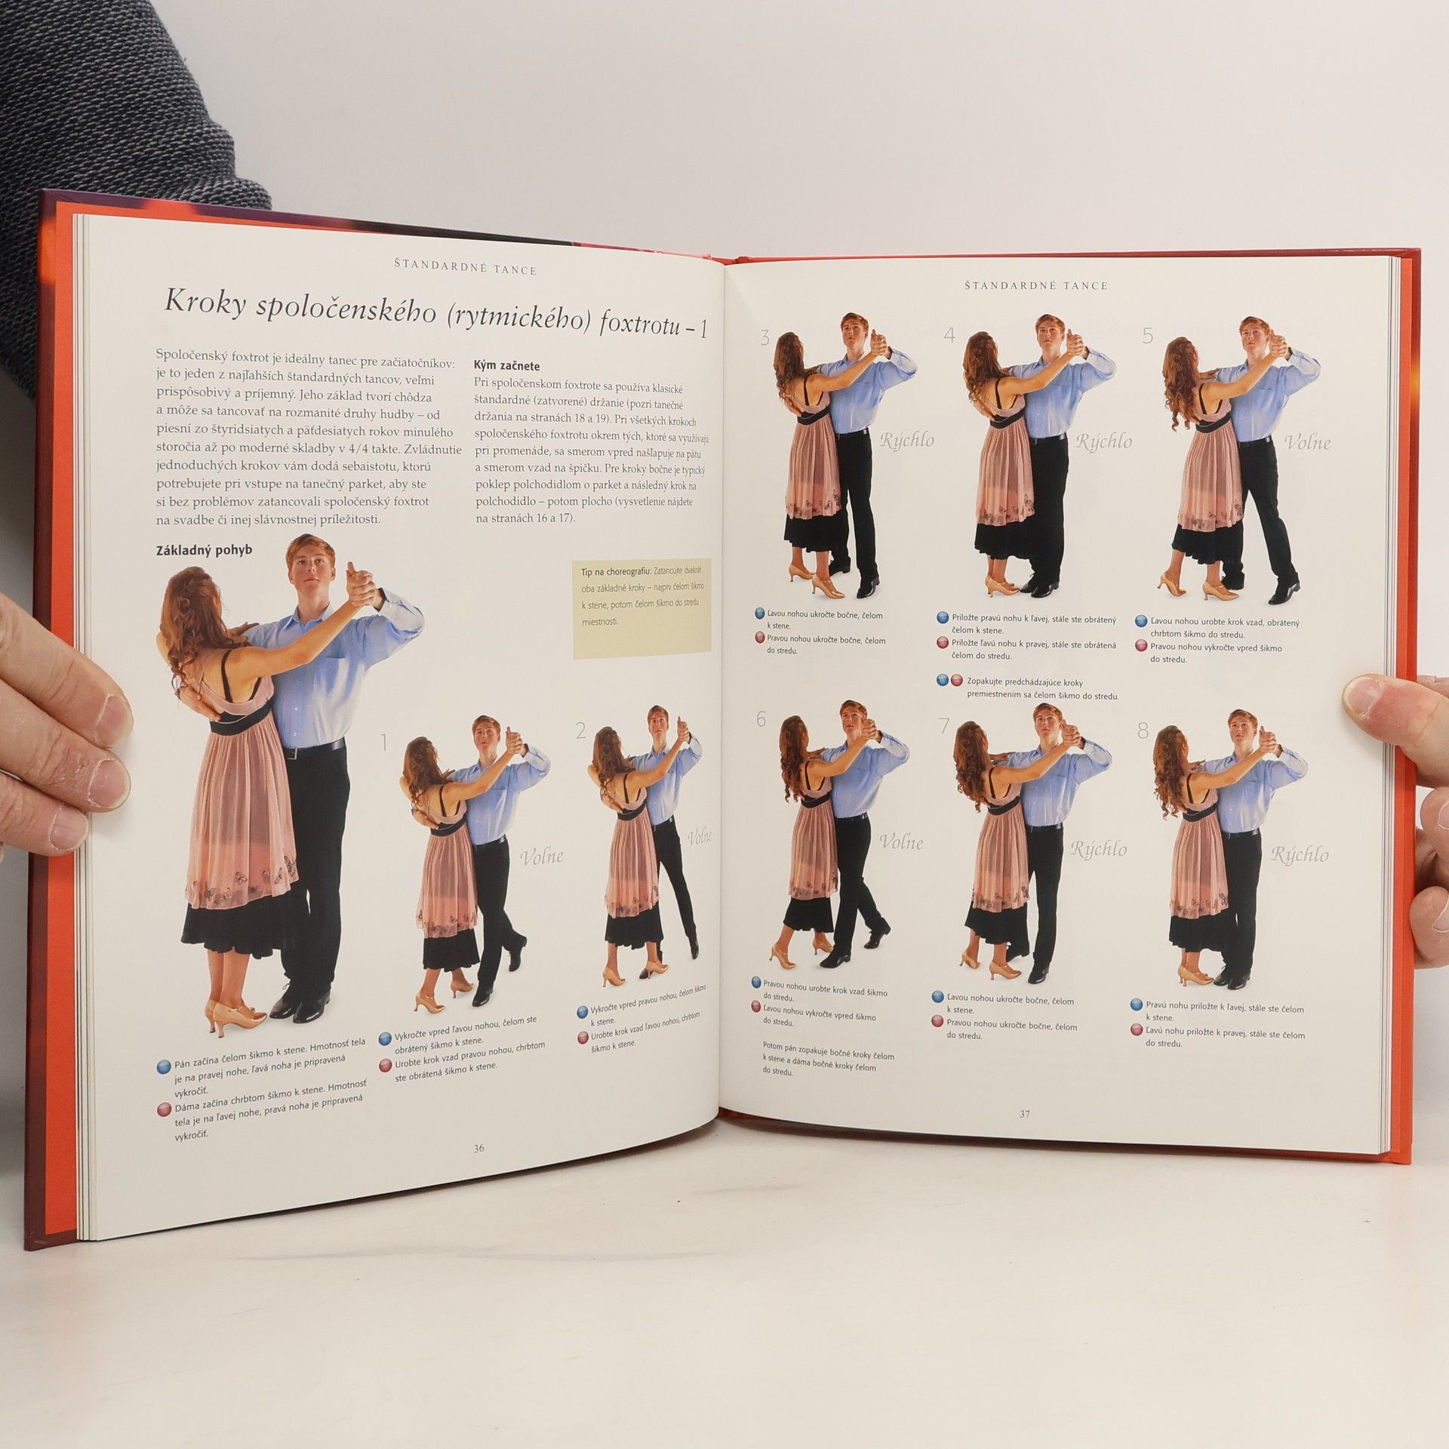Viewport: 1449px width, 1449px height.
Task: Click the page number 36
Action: (x=478, y=1149)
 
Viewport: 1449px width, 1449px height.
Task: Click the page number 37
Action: (x=1024, y=1114)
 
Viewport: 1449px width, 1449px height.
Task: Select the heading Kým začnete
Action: (x=506, y=366)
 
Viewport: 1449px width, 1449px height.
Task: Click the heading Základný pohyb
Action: (x=204, y=549)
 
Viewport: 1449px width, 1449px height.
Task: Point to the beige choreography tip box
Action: (x=641, y=608)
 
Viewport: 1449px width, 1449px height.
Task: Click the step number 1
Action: (x=383, y=743)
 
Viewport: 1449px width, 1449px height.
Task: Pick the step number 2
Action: (x=580, y=731)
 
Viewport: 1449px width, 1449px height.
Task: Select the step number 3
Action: (x=765, y=337)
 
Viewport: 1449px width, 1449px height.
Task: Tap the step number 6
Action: (x=761, y=719)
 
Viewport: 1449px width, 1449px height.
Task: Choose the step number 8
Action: (x=1143, y=730)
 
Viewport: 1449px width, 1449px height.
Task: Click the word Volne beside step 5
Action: (x=1307, y=442)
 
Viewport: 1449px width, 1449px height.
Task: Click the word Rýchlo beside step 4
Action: (x=1104, y=442)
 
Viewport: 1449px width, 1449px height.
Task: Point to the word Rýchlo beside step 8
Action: (x=1300, y=855)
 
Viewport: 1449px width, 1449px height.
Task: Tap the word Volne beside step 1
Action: (x=542, y=857)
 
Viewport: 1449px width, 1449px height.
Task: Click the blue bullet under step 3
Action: (x=760, y=614)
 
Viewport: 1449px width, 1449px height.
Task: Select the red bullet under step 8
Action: (x=1137, y=1030)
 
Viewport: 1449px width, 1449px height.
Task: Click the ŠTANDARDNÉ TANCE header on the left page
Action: (x=466, y=269)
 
